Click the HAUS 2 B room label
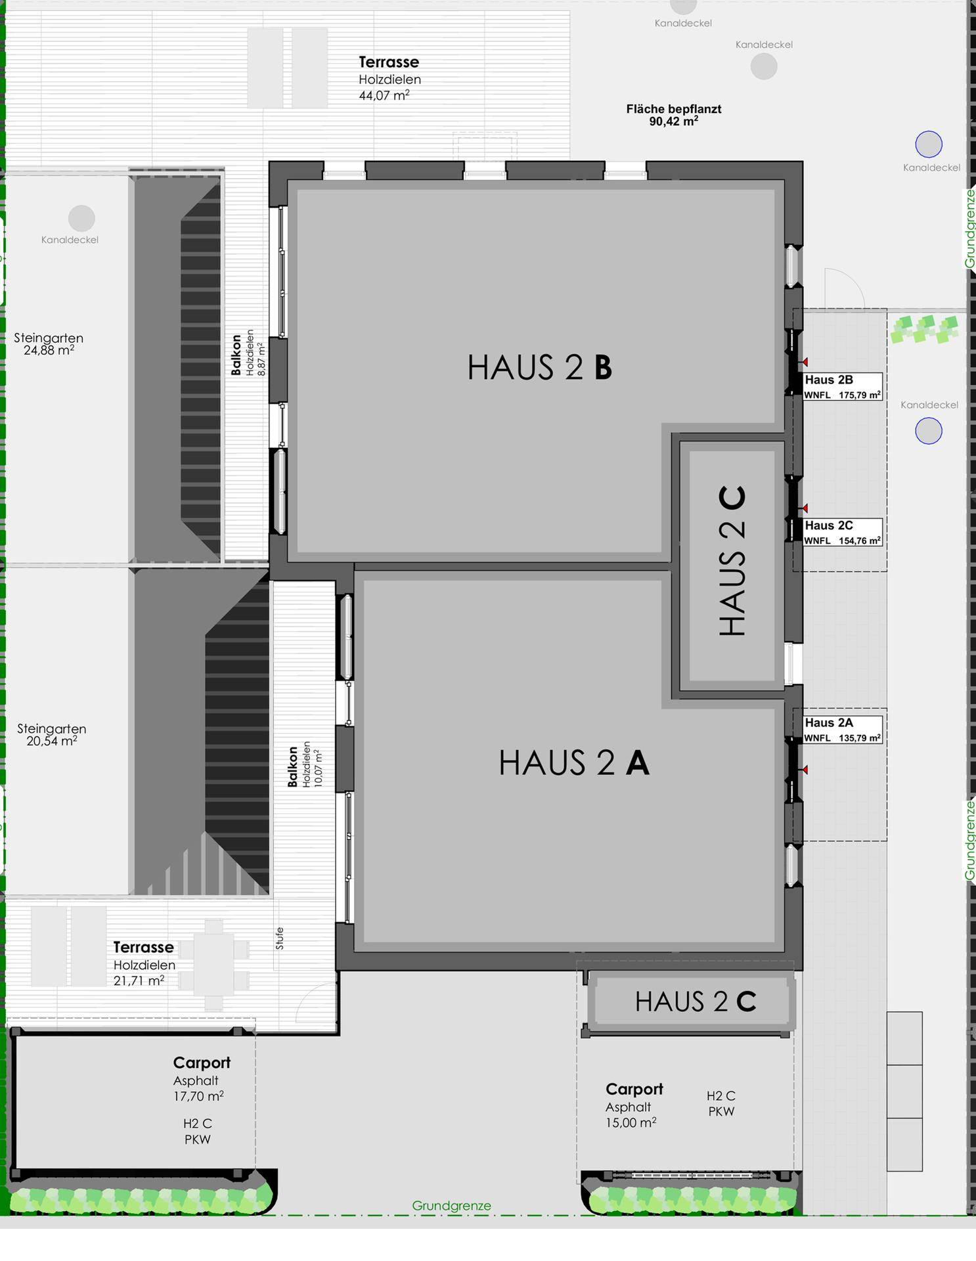point(540,367)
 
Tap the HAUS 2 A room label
point(574,763)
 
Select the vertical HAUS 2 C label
point(732,561)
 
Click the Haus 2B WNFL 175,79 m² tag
point(843,387)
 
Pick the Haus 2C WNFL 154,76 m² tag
point(843,533)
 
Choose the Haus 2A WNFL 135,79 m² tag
point(843,730)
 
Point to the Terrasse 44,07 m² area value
point(384,96)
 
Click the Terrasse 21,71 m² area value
point(139,981)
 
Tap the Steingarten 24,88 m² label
point(49,344)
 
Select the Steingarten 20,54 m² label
point(52,735)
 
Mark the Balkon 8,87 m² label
point(248,353)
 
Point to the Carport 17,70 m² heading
point(202,1063)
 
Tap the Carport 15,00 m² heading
point(634,1089)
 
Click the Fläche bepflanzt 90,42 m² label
point(674,115)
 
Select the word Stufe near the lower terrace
point(280,939)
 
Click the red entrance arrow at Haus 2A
point(804,770)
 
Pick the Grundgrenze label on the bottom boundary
point(451,1206)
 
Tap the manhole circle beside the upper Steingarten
point(81,218)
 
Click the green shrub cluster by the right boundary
point(925,329)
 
